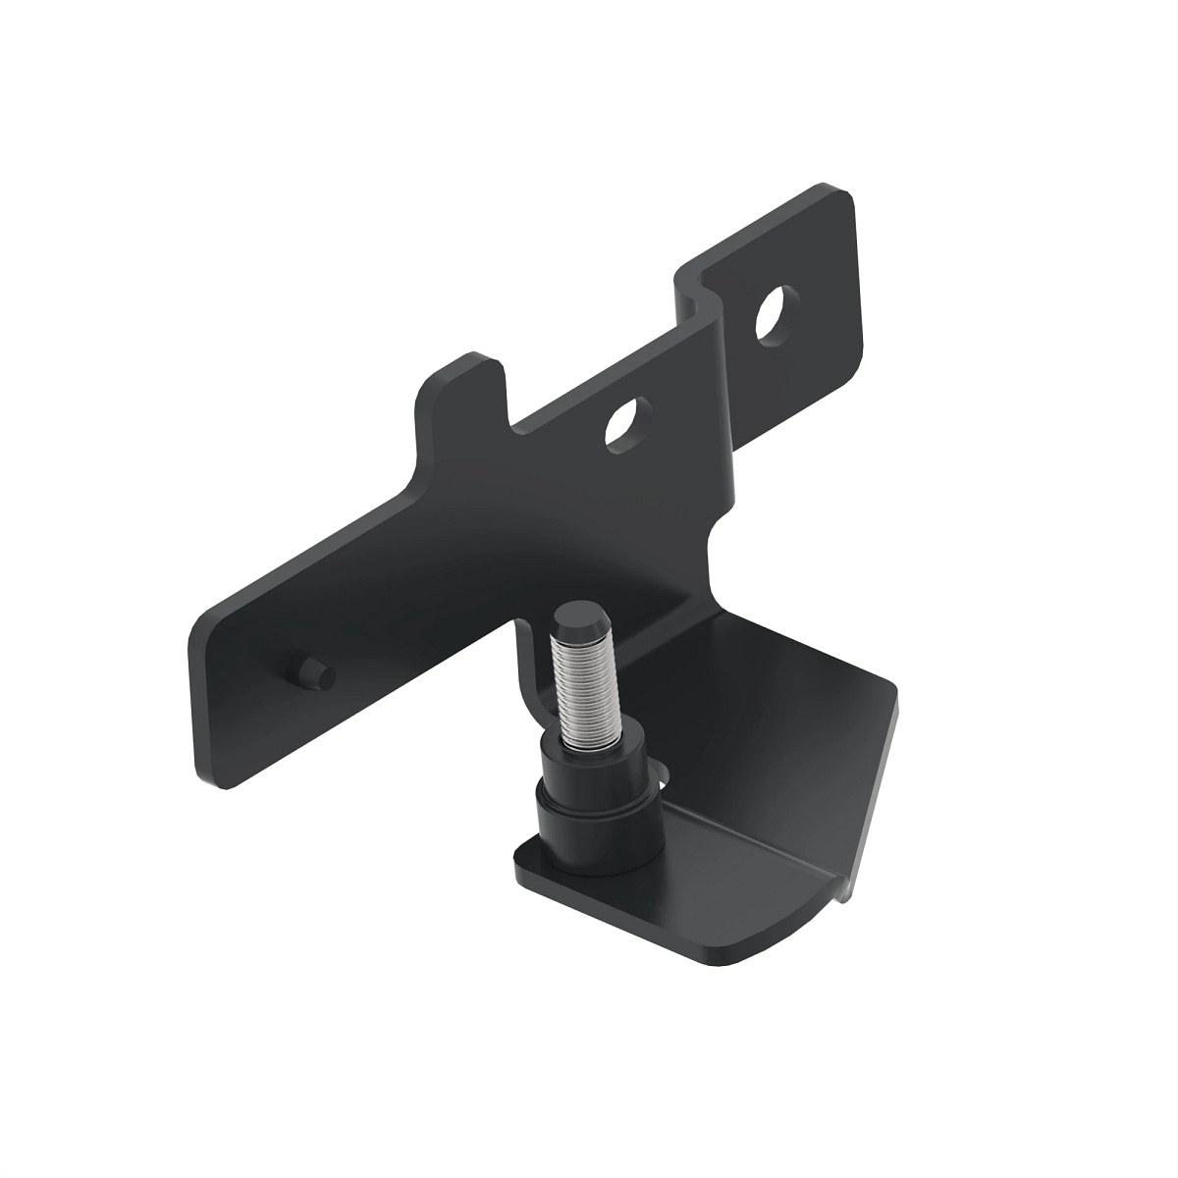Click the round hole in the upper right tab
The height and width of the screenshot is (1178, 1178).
(776, 314)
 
